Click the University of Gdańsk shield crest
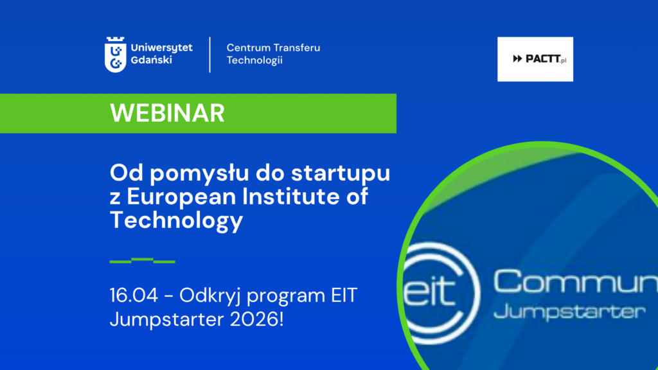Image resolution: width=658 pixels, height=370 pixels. point(116,55)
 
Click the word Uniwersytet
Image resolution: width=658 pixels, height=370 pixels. point(161,48)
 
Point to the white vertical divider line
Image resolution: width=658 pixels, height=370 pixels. point(210,55)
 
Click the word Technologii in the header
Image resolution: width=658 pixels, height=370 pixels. point(254,60)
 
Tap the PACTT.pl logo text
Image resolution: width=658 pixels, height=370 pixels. point(546,59)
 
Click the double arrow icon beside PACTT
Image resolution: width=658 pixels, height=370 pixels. point(517,58)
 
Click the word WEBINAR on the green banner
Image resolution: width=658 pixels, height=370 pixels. point(168,113)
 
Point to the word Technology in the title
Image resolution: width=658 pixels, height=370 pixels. point(176,221)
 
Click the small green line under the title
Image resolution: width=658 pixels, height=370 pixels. point(142,261)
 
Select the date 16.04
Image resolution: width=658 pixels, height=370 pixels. point(134,295)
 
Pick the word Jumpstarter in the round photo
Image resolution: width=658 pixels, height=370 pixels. point(569,312)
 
